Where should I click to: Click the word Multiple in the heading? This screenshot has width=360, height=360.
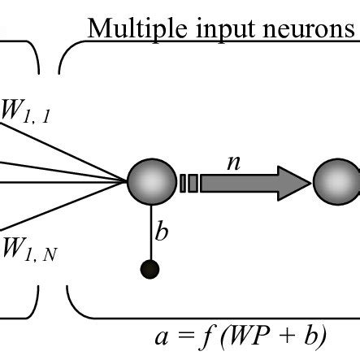coord(131,29)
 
